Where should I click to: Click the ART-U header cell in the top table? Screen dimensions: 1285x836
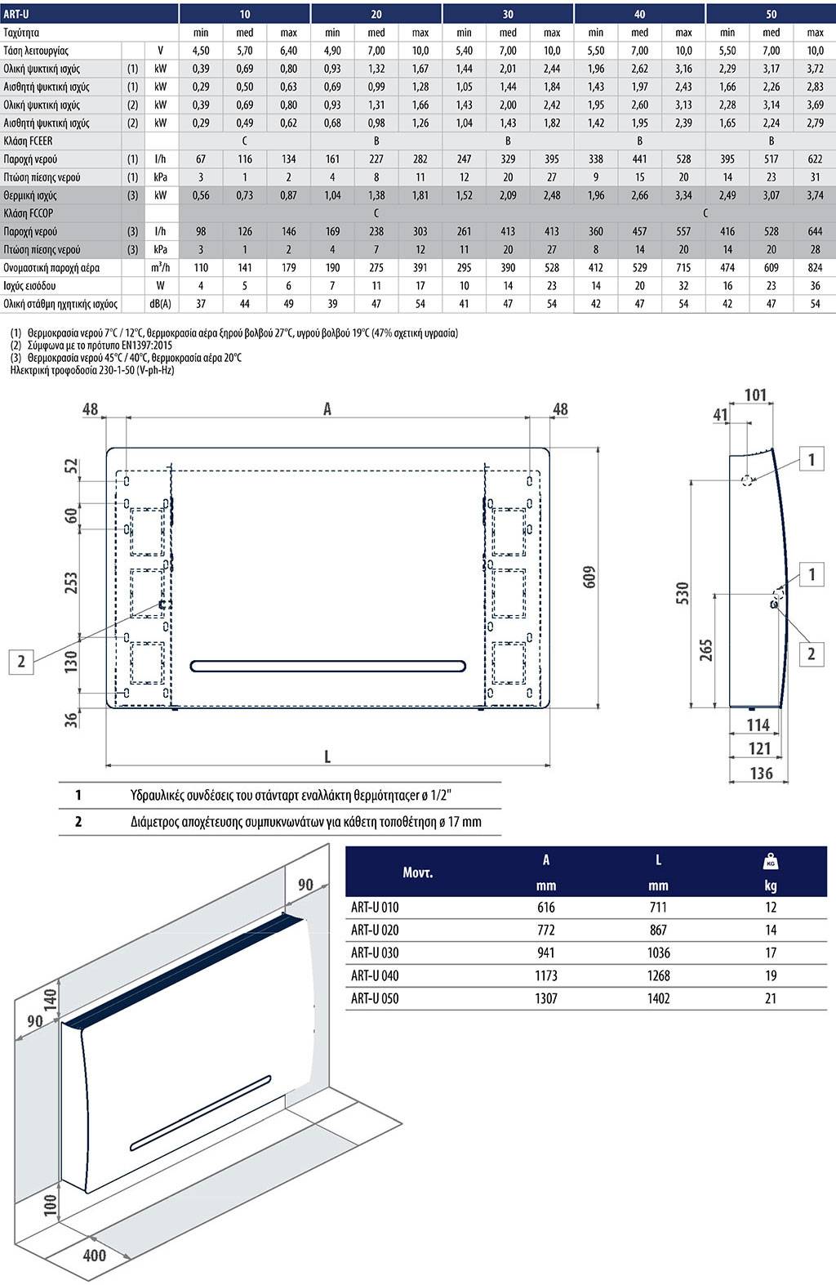click(16, 14)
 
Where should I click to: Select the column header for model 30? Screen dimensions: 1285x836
click(508, 14)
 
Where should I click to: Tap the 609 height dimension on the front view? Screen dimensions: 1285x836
click(590, 576)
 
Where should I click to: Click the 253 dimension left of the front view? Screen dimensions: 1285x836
click(71, 582)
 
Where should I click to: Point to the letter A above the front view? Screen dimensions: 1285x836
click(327, 408)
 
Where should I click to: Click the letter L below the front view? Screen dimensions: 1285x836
click(327, 756)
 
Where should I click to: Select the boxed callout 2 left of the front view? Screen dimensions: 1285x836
click(21, 661)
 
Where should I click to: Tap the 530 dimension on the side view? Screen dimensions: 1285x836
click(683, 593)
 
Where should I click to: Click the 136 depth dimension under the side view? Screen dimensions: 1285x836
click(761, 772)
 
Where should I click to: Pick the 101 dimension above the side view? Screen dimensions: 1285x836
click(756, 395)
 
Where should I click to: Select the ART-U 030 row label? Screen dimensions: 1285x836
click(375, 953)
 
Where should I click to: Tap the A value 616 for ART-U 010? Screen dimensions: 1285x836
click(546, 907)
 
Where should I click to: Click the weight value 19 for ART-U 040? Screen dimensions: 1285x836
click(771, 975)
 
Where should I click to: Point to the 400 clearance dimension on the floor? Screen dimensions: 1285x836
click(95, 1254)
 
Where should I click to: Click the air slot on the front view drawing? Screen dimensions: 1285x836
click(328, 666)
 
